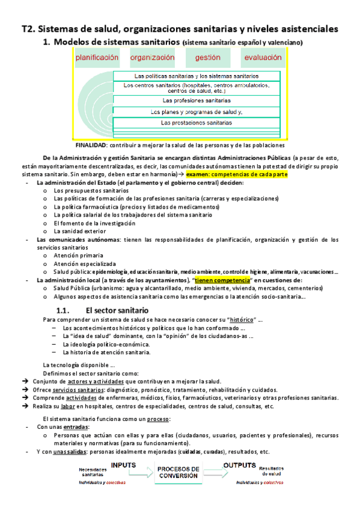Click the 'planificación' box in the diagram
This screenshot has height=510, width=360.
[97, 58]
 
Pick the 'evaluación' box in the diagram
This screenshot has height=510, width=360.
[262, 58]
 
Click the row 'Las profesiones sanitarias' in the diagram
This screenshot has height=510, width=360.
[197, 100]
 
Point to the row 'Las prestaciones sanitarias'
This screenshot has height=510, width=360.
[197, 123]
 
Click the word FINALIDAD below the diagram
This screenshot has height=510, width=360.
[91, 145]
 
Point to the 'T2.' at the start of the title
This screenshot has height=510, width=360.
[28, 28]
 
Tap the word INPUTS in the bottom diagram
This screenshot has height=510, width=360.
[127, 465]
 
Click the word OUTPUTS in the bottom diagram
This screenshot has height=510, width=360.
[240, 465]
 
